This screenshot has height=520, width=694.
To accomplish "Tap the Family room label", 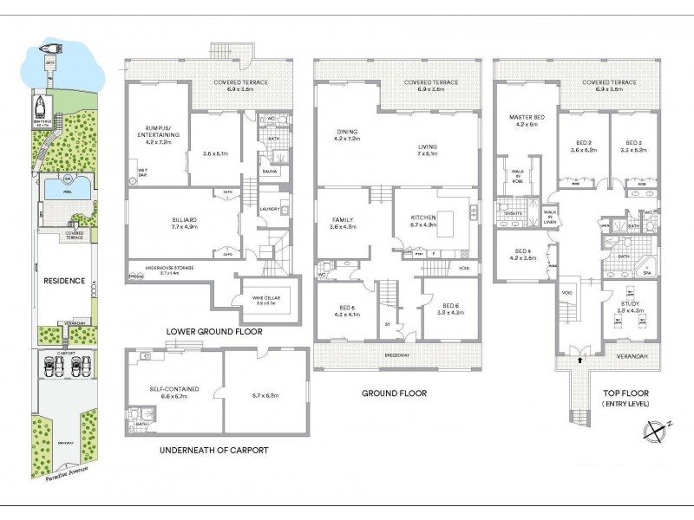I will (343, 224).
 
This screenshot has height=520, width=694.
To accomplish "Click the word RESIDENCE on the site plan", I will (63, 281).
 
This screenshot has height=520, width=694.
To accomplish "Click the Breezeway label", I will (398, 355).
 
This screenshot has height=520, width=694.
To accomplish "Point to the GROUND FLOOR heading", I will (394, 393).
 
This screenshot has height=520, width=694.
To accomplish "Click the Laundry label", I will (268, 209).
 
